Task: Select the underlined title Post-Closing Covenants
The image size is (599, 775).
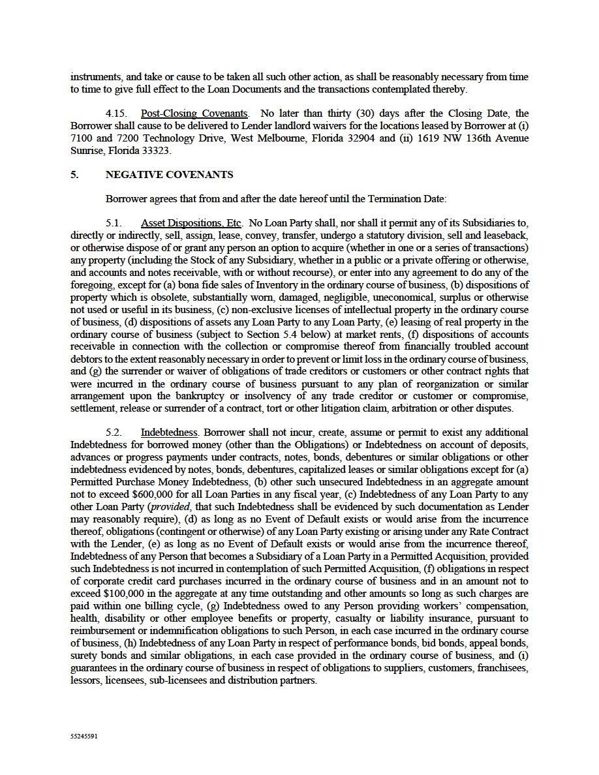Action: [x=194, y=114]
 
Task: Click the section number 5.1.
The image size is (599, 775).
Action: [x=114, y=223]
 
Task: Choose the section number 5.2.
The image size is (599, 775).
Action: [x=114, y=433]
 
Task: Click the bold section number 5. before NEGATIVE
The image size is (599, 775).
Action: [x=74, y=175]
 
